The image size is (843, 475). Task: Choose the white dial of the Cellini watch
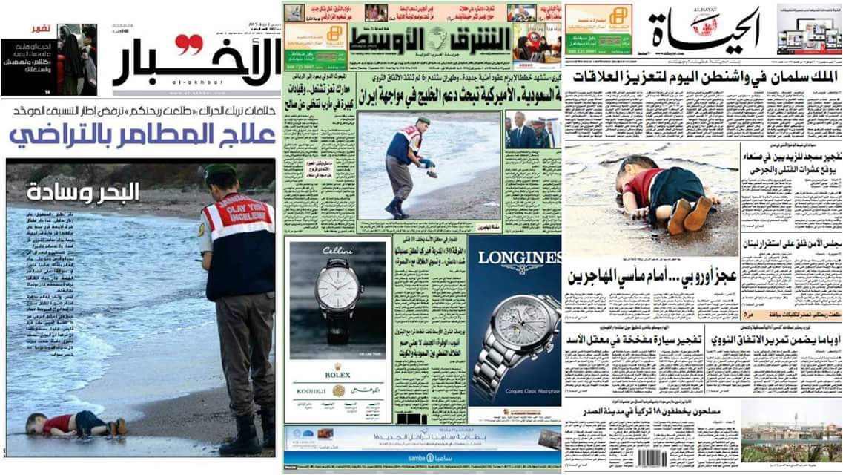point(338,295)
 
